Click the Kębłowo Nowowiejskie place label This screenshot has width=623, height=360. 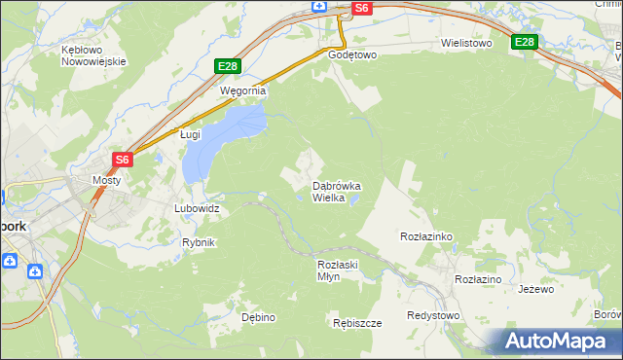click(x=94, y=54)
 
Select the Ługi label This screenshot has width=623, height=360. click(x=190, y=136)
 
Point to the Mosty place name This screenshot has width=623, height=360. click(x=105, y=180)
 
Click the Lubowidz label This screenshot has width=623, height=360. click(x=197, y=208)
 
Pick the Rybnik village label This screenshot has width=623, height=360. click(x=199, y=242)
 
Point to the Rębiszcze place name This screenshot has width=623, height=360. click(x=356, y=323)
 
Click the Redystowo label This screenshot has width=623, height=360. click(x=433, y=315)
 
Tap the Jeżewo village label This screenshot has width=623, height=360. click(x=535, y=289)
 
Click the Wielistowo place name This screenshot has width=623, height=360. click(x=466, y=44)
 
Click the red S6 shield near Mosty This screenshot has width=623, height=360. click(x=122, y=160)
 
